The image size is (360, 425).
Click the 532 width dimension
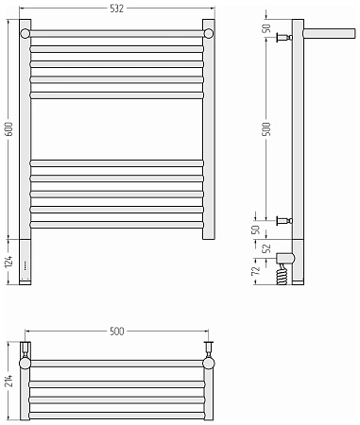116,8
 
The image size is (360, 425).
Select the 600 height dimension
9,128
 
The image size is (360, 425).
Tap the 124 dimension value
9,262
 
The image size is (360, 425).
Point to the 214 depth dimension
9,381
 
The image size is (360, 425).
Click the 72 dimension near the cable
257,270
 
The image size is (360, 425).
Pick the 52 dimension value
267,248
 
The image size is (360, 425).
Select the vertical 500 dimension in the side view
267,128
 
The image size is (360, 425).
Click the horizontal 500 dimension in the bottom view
116,331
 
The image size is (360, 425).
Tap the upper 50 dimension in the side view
267,28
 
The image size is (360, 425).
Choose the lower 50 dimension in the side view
257,229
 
